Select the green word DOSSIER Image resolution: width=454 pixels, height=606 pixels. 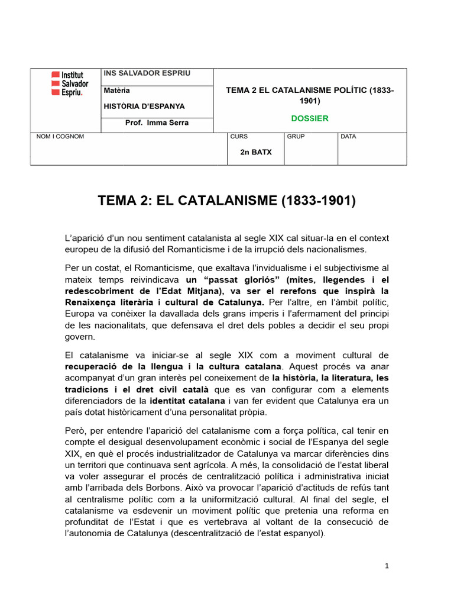click(x=309, y=118)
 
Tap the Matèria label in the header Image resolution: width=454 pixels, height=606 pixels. click(x=117, y=91)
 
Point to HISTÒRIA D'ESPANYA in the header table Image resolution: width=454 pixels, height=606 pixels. click(x=144, y=107)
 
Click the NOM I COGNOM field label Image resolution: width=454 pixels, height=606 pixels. click(x=60, y=137)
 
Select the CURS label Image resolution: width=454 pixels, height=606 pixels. click(x=239, y=137)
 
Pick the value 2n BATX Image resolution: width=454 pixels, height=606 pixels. click(x=255, y=152)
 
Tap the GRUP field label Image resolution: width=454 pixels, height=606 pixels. click(x=296, y=137)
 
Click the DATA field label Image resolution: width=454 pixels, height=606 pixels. click(x=349, y=137)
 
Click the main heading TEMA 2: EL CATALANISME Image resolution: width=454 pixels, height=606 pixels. click(x=227, y=201)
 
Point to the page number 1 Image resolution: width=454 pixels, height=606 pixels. click(x=386, y=566)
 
